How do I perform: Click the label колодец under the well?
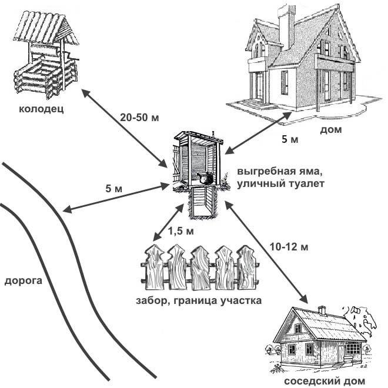(x=41, y=109)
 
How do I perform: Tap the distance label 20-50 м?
(x=139, y=118)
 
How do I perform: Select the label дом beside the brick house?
(x=331, y=130)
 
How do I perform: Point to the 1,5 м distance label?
(x=181, y=231)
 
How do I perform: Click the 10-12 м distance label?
(x=289, y=247)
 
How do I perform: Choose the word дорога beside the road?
(x=24, y=282)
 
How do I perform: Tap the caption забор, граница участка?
(x=199, y=300)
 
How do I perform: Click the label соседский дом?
(x=325, y=381)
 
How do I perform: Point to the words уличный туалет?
(x=280, y=184)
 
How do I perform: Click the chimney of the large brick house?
(x=286, y=26)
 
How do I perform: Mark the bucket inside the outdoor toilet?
(x=205, y=178)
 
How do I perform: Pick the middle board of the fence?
(x=200, y=269)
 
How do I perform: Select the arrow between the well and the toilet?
(x=125, y=128)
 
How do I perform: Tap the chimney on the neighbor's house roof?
(x=322, y=311)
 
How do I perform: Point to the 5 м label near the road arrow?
(x=114, y=189)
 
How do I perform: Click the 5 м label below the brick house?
(x=290, y=139)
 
